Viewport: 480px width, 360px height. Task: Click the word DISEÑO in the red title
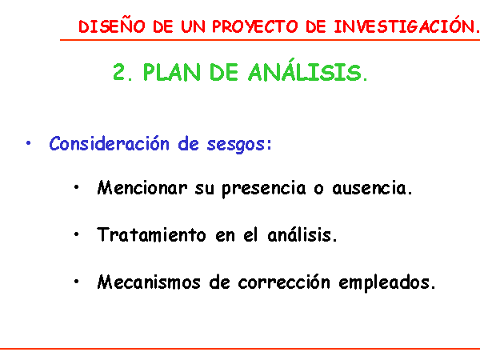tap(112, 26)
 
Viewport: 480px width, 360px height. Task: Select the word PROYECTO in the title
tap(255, 26)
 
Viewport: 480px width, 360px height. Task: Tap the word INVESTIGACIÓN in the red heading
tap(406, 25)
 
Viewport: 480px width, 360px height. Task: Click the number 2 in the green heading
tap(119, 72)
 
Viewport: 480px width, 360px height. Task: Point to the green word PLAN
tap(172, 73)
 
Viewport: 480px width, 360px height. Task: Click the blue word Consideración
tap(109, 143)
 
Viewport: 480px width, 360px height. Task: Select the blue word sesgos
tap(236, 145)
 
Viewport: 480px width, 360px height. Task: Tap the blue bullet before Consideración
tap(29, 143)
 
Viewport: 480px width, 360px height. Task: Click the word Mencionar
tap(142, 188)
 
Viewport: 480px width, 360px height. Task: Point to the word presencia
tap(264, 189)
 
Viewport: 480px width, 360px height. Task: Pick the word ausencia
tap(369, 188)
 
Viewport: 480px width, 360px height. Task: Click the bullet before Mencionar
tap(77, 187)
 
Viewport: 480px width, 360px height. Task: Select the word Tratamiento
tap(151, 234)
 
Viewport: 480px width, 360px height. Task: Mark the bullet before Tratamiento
tap(77, 234)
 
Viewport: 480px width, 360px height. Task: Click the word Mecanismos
tap(149, 282)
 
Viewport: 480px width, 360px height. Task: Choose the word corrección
tap(284, 282)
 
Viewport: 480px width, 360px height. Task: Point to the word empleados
tap(385, 283)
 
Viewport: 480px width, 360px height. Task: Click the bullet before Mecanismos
tap(77, 282)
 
